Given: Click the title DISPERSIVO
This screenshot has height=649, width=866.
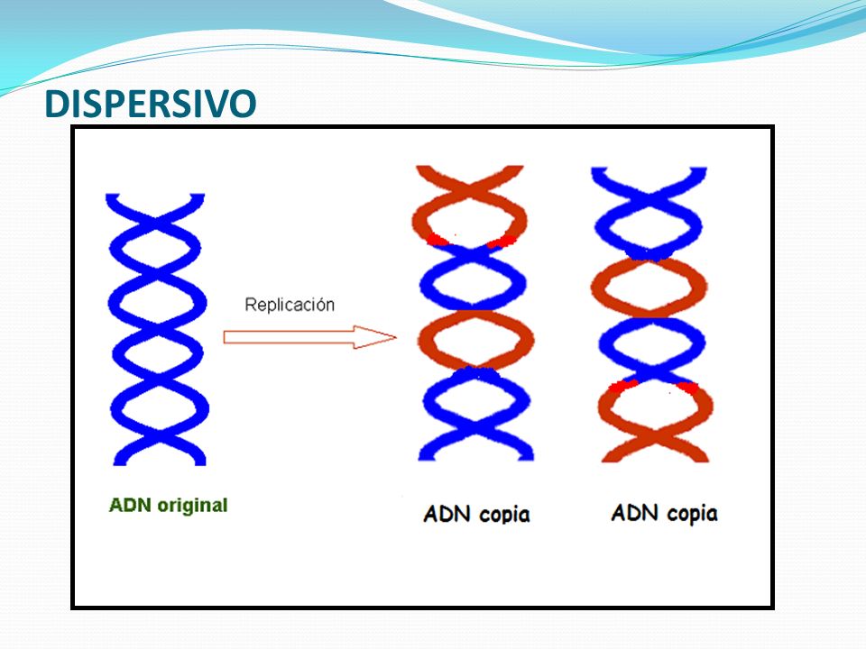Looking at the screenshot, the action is point(151,103).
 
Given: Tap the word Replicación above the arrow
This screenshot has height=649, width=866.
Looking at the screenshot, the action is point(290,305).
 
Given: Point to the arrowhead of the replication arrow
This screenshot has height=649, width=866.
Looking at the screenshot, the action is point(375,337).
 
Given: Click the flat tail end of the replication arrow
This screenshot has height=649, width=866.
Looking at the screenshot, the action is point(225,337).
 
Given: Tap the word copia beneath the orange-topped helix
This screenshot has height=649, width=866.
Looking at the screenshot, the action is point(503,515).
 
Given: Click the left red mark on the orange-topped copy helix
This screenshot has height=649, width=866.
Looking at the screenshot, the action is point(437,240).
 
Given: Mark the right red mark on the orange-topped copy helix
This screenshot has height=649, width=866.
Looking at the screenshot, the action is point(502,242).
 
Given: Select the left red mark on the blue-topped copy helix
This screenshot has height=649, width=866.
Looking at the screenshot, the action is point(623,385).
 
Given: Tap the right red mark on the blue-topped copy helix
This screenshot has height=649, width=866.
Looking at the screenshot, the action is point(688,388).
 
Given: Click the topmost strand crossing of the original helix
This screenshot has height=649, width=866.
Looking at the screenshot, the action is point(157,224).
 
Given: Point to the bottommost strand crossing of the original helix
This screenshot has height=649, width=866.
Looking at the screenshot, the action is point(159,434).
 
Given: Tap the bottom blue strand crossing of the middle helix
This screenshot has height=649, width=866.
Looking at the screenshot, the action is point(476,425).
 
